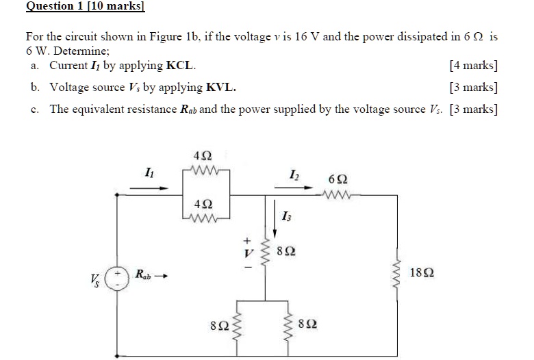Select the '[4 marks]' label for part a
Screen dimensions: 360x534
(x=473, y=66)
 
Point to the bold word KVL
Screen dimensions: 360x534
(x=222, y=88)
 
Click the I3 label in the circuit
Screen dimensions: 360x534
(x=286, y=217)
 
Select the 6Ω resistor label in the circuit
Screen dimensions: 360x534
(x=338, y=179)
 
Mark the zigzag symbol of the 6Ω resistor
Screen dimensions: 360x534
(x=338, y=194)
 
